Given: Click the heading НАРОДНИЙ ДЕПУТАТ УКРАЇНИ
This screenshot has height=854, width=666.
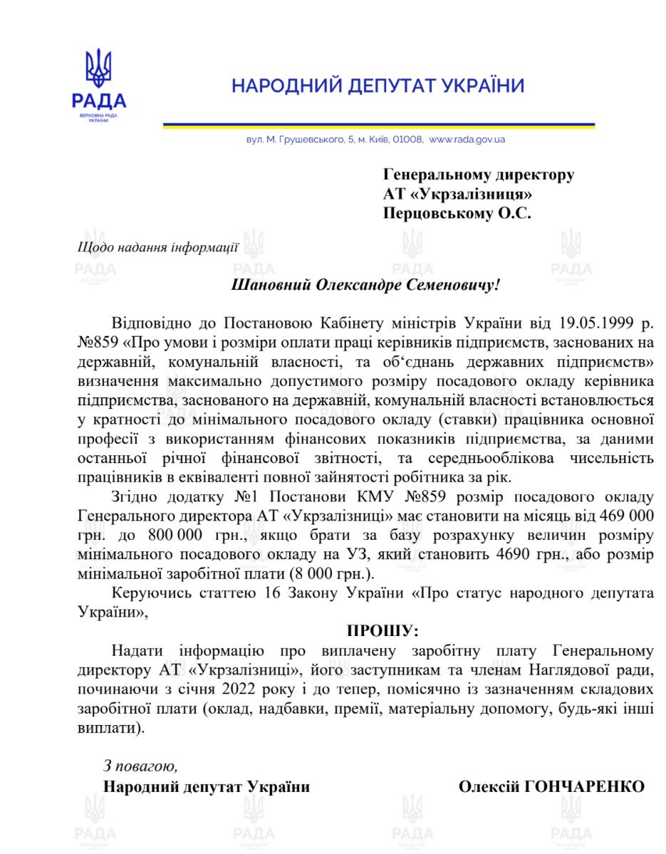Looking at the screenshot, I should pos(378,87).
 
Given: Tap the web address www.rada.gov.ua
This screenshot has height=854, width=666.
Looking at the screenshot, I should pos(467,140).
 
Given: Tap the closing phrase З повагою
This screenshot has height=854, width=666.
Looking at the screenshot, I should pos(140,766).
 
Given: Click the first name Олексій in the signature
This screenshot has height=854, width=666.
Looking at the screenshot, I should pos(489,786).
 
